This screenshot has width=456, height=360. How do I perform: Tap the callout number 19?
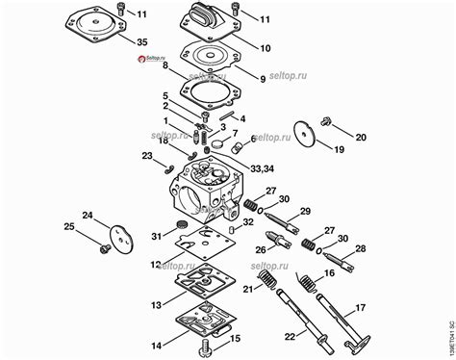339,150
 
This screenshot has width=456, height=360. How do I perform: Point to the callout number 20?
361,138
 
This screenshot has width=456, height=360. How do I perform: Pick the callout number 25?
67,226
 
